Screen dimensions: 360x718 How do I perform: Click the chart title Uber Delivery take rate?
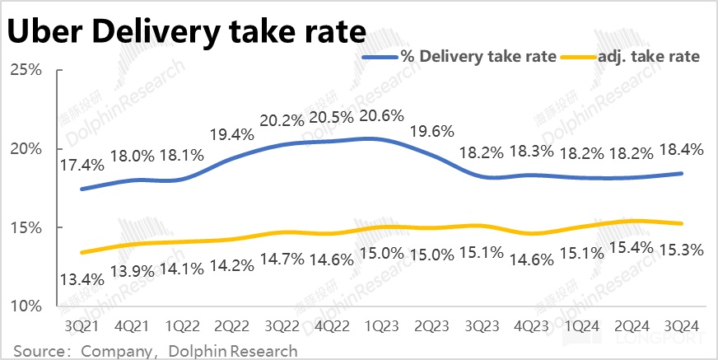coord(185,32)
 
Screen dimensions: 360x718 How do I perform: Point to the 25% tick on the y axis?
coord(26,70)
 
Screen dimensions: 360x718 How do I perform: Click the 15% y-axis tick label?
coord(26,227)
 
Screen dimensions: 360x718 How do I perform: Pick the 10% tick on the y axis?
coord(26,306)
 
